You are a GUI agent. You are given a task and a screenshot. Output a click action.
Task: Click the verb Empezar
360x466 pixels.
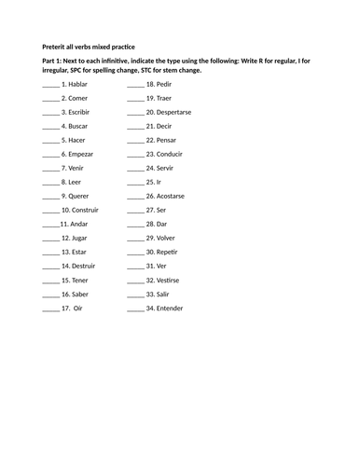click(x=82, y=154)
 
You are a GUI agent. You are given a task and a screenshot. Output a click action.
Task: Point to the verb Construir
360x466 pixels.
click(x=87, y=210)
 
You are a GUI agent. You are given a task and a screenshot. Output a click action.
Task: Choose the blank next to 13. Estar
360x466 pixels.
click(x=50, y=252)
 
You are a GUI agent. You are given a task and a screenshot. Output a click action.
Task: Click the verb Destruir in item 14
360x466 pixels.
click(x=86, y=266)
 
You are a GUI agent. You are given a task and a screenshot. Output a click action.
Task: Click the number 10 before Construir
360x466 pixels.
click(x=65, y=210)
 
